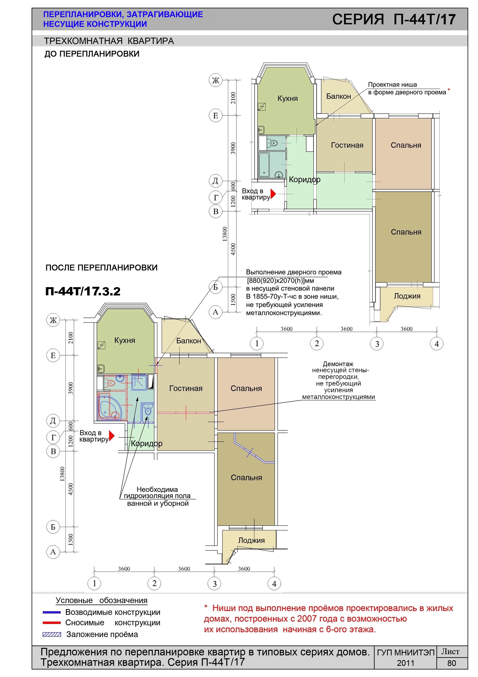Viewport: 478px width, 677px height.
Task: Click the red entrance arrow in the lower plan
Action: [x=111, y=436]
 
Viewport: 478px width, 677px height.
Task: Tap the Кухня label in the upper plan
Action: [x=287, y=98]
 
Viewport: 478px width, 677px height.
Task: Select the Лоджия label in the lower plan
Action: [x=251, y=540]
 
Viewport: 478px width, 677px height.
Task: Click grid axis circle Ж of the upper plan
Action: [x=216, y=80]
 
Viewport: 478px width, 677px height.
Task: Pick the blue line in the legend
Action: [x=51, y=612]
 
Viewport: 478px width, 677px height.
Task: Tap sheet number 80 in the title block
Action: [x=451, y=663]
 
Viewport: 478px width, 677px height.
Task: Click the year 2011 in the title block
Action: [x=406, y=663]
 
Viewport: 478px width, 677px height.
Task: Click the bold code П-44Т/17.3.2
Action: [x=83, y=291]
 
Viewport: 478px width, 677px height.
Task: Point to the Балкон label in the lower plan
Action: [x=189, y=341]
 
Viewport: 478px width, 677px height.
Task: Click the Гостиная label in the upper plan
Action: [x=347, y=145]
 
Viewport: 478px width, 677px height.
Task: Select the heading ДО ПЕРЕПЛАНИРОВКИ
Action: [x=92, y=54]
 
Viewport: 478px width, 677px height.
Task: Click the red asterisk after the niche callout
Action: [x=449, y=89]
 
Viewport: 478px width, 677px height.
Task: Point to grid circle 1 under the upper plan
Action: [x=257, y=344]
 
